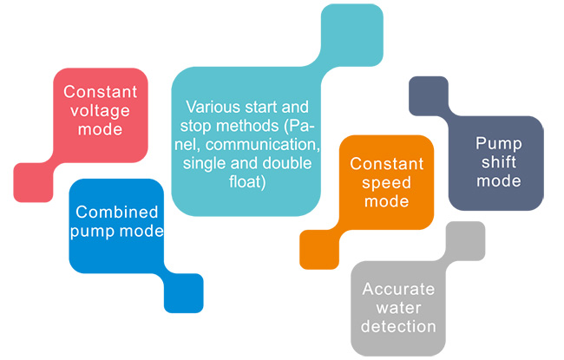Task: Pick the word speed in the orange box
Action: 386,183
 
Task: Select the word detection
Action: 399,327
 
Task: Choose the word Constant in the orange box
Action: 386,164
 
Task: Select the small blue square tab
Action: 183,293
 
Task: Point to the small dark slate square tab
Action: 428,96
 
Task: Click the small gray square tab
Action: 464,241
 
